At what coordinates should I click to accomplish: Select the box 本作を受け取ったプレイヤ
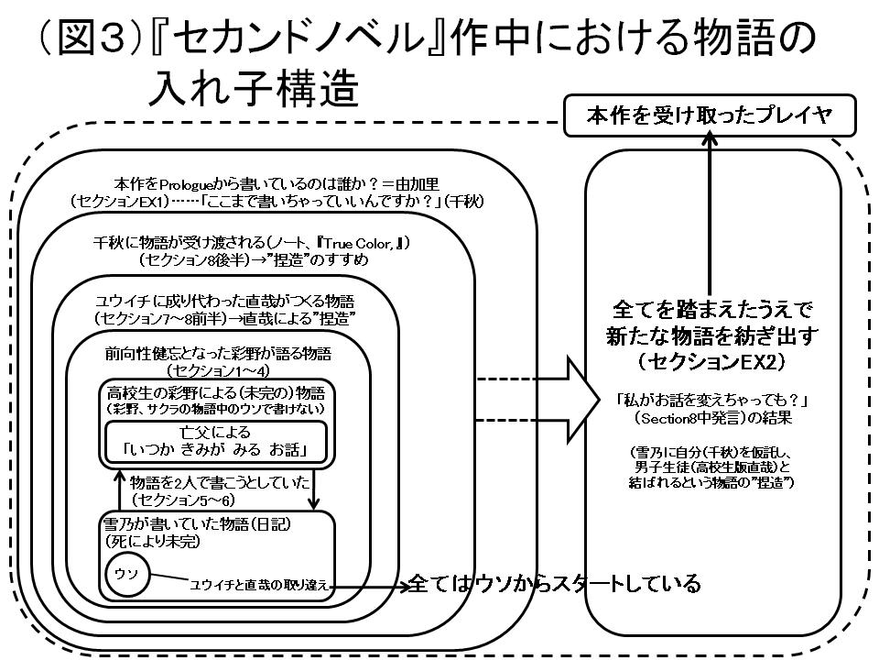710,115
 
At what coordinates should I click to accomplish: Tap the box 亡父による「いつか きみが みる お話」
216,442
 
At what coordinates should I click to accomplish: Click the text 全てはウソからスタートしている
555,584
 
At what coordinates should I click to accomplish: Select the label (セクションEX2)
711,362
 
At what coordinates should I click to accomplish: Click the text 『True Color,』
359,243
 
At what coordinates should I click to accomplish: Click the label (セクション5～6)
183,499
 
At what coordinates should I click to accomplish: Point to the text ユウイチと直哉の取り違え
258,585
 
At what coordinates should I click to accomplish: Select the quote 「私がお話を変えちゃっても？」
711,401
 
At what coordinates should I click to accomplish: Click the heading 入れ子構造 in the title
254,88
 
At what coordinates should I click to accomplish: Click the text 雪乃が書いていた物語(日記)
198,523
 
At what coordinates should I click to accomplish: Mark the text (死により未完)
152,541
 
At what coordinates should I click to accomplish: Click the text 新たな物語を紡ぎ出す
712,335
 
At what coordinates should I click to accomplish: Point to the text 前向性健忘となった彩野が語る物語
218,354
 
